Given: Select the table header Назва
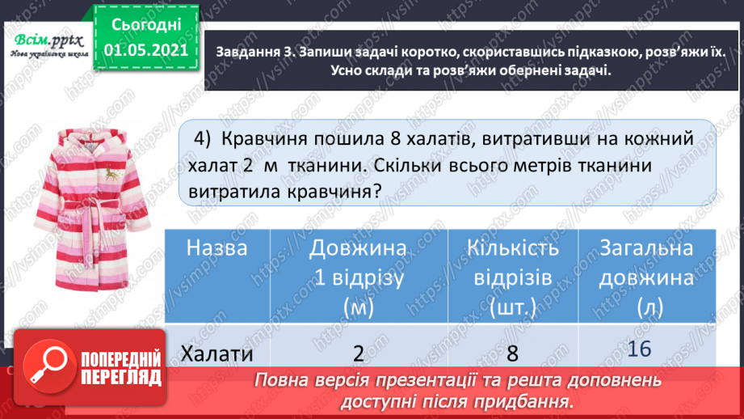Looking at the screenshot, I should click(216, 249).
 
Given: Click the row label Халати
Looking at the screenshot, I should click(216, 353).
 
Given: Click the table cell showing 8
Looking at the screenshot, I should click(512, 353).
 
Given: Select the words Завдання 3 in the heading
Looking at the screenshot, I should click(250, 53).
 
